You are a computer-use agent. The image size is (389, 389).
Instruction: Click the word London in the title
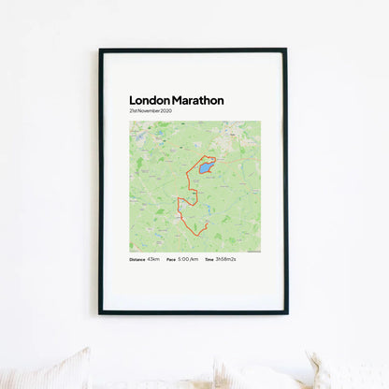pos(150,100)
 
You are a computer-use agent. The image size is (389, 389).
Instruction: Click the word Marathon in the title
pos(197,100)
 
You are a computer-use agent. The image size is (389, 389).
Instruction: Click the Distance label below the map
pos(137,259)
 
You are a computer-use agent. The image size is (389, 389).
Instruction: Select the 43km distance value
pos(153,259)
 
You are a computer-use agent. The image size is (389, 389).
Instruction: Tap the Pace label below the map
pos(171,259)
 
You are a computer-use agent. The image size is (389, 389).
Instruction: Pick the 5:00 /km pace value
pos(188,259)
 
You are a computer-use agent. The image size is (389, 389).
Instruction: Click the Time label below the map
pos(209,259)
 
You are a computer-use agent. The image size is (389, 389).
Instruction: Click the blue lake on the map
pos(203,168)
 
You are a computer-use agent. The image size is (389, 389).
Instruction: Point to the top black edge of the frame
pos(194,50)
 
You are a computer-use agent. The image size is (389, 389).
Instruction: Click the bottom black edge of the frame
pos(194,311)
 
